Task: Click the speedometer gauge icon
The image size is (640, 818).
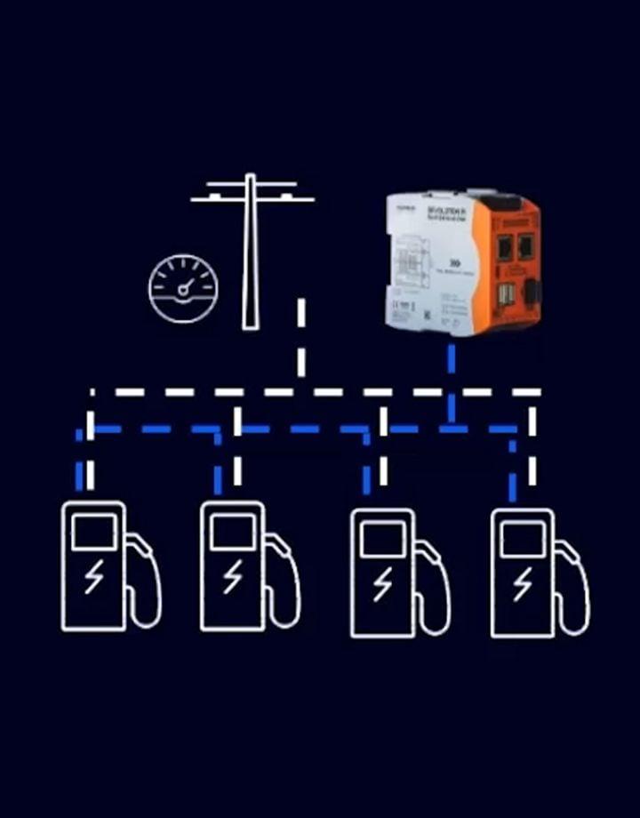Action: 183,289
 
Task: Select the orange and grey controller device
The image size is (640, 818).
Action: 463,262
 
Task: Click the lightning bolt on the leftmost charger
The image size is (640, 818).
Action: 93,578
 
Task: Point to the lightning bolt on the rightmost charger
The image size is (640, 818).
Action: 524,584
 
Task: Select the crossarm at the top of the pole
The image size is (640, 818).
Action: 252,192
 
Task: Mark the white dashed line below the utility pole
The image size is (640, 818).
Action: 301,338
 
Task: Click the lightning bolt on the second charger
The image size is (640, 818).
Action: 233,578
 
